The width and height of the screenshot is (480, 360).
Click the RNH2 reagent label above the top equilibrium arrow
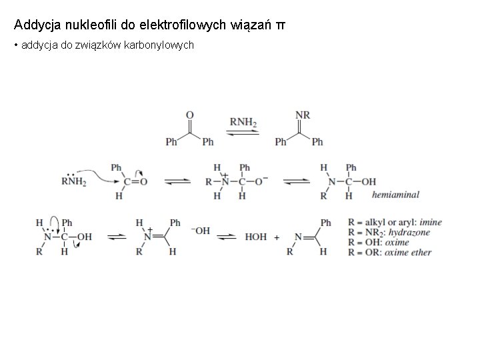243,122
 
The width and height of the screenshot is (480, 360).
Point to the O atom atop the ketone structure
190,115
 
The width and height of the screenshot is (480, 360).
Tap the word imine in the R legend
430,222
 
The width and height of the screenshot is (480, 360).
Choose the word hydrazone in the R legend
409,232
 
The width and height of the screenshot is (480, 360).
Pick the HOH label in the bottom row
256,237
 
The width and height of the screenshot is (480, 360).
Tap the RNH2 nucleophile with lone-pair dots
74,180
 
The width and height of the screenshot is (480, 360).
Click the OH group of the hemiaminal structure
369,181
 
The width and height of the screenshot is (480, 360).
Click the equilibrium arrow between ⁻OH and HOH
227,237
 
